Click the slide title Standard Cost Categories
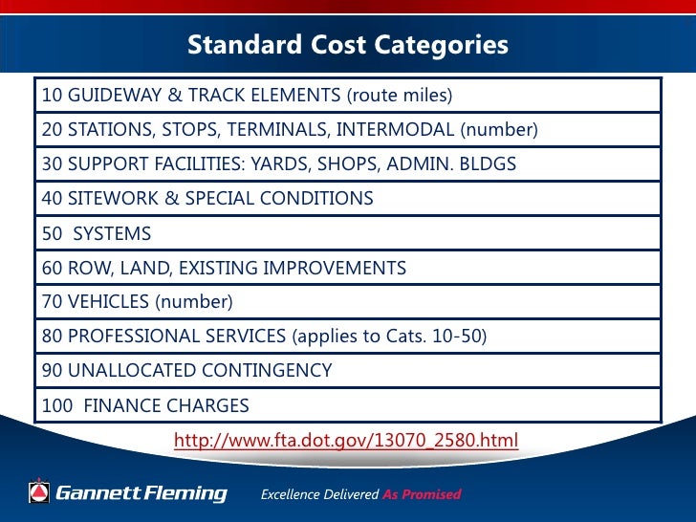click(347, 45)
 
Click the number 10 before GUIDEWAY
click(52, 96)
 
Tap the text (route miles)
click(399, 96)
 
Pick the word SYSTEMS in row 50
click(112, 233)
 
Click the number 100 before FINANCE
click(56, 405)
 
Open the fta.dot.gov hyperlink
click(345, 441)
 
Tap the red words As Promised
click(422, 495)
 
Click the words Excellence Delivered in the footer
click(319, 495)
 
